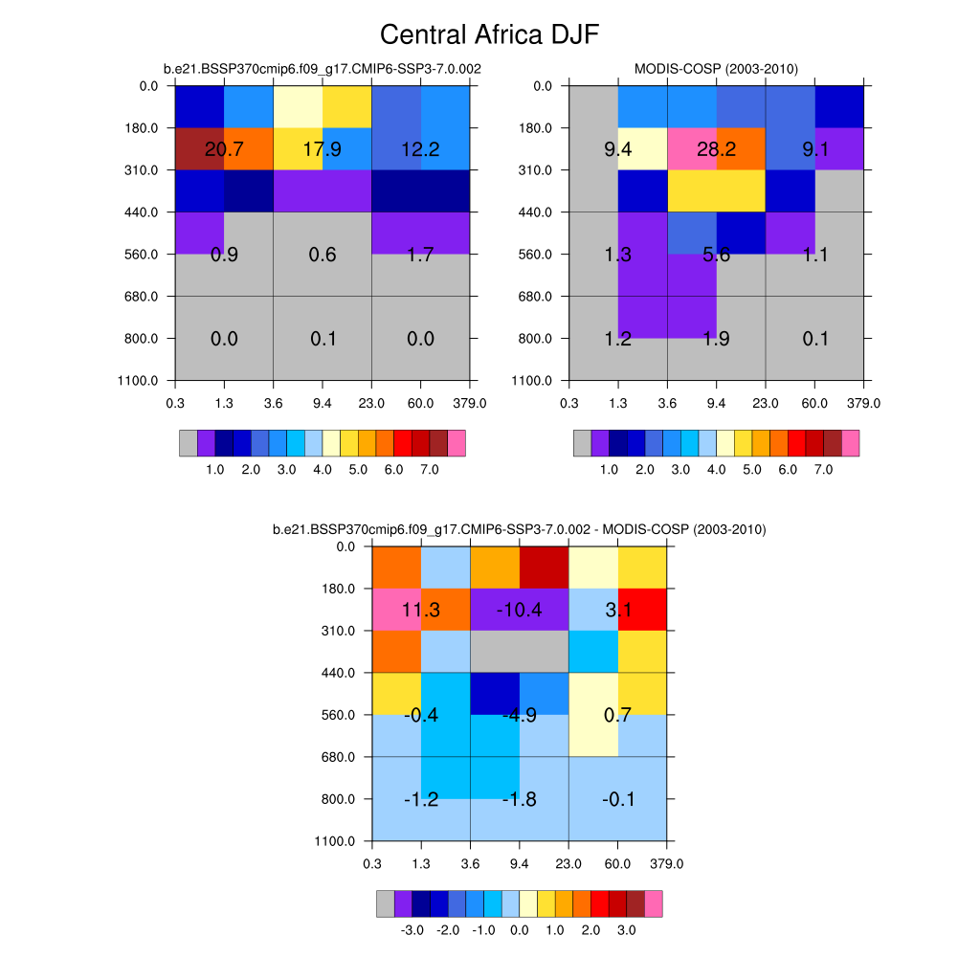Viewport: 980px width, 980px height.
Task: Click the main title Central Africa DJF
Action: [x=489, y=35]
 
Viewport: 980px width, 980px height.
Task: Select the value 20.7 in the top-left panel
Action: [x=224, y=148]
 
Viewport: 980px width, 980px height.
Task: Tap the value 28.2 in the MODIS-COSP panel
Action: [x=717, y=148]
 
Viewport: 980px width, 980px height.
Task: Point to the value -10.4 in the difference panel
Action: [x=520, y=610]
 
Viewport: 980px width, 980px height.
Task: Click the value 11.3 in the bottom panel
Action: [x=421, y=610]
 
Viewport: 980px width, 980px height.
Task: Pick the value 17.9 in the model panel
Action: [x=323, y=148]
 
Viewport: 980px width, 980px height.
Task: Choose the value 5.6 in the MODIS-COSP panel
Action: [x=717, y=255]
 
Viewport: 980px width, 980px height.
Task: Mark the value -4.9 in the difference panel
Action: [x=520, y=715]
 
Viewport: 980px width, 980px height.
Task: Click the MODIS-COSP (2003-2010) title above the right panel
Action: [x=716, y=68]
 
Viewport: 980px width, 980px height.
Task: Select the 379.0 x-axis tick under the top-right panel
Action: [x=864, y=403]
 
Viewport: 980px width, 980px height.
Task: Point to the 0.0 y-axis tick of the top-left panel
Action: [x=149, y=86]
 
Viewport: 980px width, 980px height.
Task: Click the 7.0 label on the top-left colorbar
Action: [x=429, y=470]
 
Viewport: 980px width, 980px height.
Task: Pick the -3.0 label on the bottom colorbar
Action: [x=412, y=930]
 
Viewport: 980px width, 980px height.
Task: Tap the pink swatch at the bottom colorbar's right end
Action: [x=654, y=904]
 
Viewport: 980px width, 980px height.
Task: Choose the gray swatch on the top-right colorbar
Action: [x=582, y=443]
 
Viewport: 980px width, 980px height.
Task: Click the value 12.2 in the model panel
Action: [x=421, y=148]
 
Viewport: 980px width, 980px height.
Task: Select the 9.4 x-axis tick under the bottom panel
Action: [x=520, y=864]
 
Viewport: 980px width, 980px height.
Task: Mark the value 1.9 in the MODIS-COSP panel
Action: [x=717, y=339]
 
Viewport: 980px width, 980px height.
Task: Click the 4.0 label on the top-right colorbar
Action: [x=716, y=470]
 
